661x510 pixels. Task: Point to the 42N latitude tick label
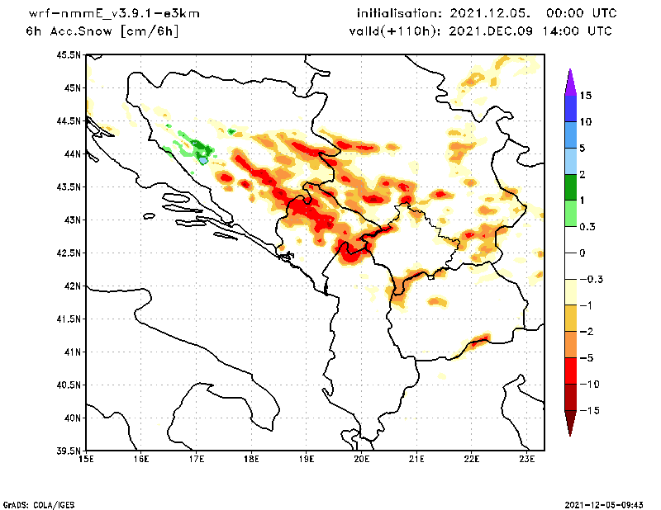72,286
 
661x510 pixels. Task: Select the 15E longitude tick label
85,460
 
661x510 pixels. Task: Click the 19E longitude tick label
307,460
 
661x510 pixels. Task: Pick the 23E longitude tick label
527,460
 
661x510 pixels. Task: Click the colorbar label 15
585,96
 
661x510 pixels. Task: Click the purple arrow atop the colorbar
569,80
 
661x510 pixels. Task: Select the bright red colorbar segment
569,371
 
